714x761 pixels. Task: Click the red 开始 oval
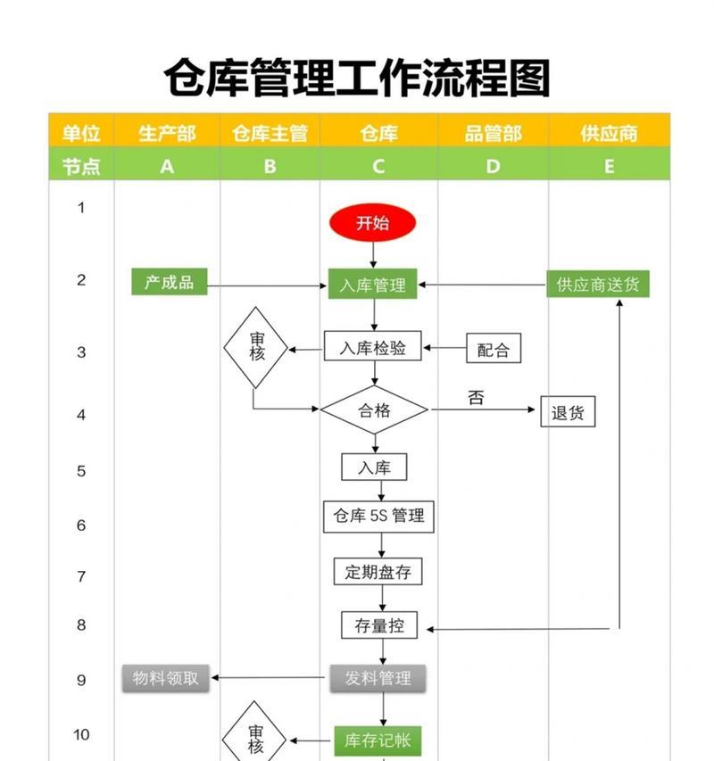pyautogui.click(x=372, y=223)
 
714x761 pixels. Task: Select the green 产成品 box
pyautogui.click(x=170, y=282)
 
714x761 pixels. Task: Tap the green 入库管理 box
pyautogui.click(x=372, y=284)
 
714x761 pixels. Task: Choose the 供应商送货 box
pyautogui.click(x=597, y=284)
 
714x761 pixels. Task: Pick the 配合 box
pyautogui.click(x=494, y=348)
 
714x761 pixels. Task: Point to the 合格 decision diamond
pyautogui.click(x=374, y=410)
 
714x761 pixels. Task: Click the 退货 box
pyautogui.click(x=568, y=411)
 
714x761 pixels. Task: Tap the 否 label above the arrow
pyautogui.click(x=476, y=398)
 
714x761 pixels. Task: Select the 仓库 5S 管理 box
pyautogui.click(x=378, y=517)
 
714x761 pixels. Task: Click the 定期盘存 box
pyautogui.click(x=378, y=571)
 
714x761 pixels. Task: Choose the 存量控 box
pyautogui.click(x=379, y=625)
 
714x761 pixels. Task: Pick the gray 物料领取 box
pyautogui.click(x=165, y=678)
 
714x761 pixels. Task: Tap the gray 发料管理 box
pyautogui.click(x=378, y=678)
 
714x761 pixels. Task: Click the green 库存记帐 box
pyautogui.click(x=378, y=740)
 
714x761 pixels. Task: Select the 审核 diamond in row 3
pyautogui.click(x=256, y=348)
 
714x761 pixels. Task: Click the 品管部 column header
pyautogui.click(x=494, y=133)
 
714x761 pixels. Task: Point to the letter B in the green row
pyautogui.click(x=270, y=167)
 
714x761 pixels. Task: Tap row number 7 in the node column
pyautogui.click(x=81, y=576)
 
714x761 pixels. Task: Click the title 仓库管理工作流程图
pyautogui.click(x=357, y=78)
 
